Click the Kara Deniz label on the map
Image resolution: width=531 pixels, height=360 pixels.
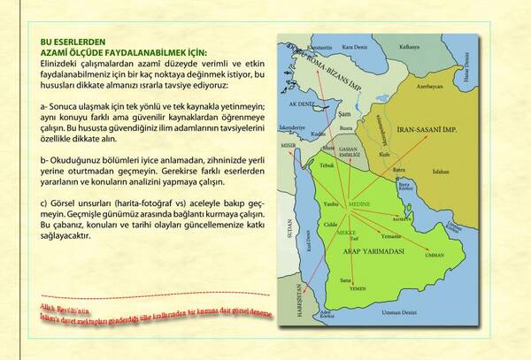pos(354,46)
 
